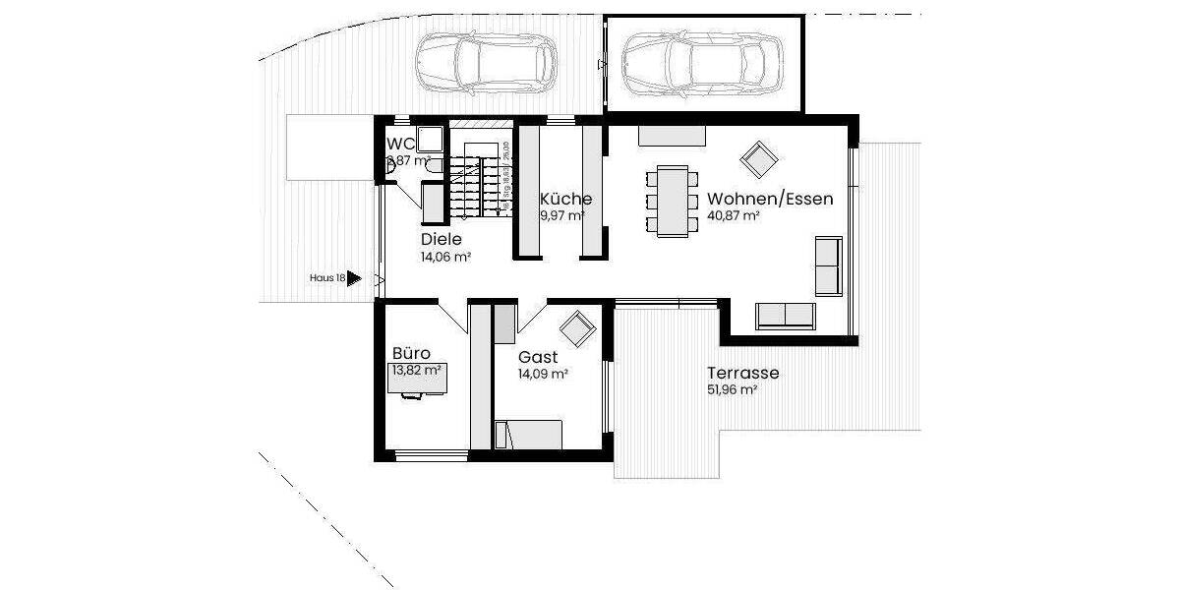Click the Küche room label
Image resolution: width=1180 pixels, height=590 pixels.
pyautogui.click(x=565, y=199)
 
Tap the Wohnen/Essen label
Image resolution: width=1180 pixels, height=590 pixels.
pyautogui.click(x=770, y=199)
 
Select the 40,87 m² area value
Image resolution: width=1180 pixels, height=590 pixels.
pyautogui.click(x=733, y=215)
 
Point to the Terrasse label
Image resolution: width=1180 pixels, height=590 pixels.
pyautogui.click(x=742, y=374)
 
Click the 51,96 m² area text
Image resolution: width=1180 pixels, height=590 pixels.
pyautogui.click(x=732, y=390)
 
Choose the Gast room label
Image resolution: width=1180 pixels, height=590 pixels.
pyautogui.click(x=538, y=357)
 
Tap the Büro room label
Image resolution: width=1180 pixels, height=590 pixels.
pyautogui.click(x=412, y=353)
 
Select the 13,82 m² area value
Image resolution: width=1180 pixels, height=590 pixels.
pyautogui.click(x=415, y=371)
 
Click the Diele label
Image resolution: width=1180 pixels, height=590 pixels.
pyautogui.click(x=442, y=240)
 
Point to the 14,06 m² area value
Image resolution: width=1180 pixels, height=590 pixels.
pyautogui.click(x=445, y=257)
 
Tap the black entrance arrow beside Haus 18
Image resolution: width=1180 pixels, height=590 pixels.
pyautogui.click(x=354, y=279)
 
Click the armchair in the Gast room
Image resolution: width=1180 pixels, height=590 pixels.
pyautogui.click(x=577, y=326)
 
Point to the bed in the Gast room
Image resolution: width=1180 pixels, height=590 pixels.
pyautogui.click(x=528, y=434)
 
